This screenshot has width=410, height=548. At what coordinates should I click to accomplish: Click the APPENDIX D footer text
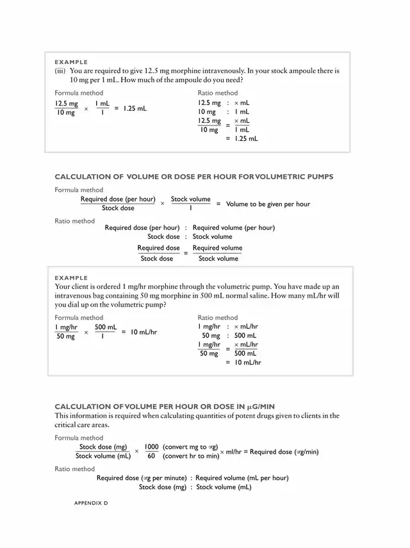point(92,503)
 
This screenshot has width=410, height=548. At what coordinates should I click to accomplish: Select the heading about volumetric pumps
point(193,177)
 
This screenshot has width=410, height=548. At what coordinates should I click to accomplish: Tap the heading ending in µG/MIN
point(165,407)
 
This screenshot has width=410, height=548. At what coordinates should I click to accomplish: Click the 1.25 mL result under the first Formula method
point(135,108)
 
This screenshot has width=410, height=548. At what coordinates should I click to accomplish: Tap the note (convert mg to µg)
point(191,447)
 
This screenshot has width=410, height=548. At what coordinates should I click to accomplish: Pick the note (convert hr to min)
point(191,456)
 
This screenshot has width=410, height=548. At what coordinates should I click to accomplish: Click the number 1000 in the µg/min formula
point(151,447)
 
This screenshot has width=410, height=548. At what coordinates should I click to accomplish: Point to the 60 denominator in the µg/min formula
point(151,456)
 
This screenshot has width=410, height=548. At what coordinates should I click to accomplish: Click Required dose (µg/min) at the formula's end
point(284,452)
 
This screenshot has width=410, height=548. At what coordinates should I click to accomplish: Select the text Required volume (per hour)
point(234,227)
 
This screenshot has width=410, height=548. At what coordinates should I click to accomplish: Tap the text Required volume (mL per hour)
point(242,478)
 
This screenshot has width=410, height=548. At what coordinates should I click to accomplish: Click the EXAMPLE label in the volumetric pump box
point(71,278)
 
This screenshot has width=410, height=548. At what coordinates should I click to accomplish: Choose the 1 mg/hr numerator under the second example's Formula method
point(66,326)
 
